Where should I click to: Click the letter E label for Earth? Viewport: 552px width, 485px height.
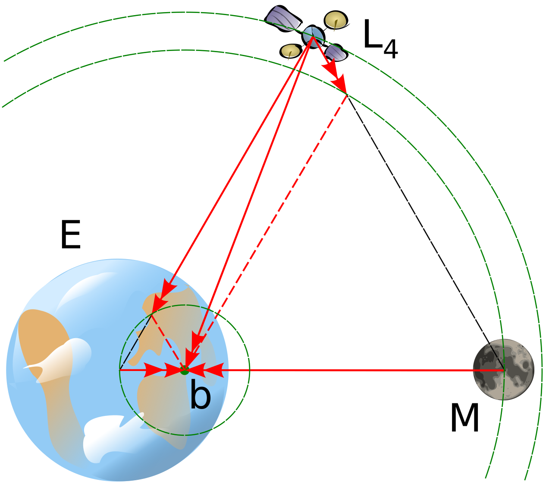pos(71,235)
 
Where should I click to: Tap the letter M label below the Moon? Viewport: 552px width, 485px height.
pos(464,418)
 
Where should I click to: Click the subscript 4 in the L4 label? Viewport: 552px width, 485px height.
pos(391,48)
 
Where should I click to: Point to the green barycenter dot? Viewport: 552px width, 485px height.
pos(185,371)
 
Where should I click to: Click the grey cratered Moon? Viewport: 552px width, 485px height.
pos(504,370)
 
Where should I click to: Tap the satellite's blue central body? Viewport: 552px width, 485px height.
pos(314,37)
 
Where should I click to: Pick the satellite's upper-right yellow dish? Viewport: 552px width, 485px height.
pos(336,20)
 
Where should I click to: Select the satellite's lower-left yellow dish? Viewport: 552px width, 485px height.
pos(290,51)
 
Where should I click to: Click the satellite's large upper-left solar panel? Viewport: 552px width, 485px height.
pos(283,19)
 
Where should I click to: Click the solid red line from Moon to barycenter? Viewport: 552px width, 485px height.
pos(345,370)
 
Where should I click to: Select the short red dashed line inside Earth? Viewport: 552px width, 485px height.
pos(168,342)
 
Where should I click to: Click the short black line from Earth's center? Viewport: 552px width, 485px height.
pos(135,342)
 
